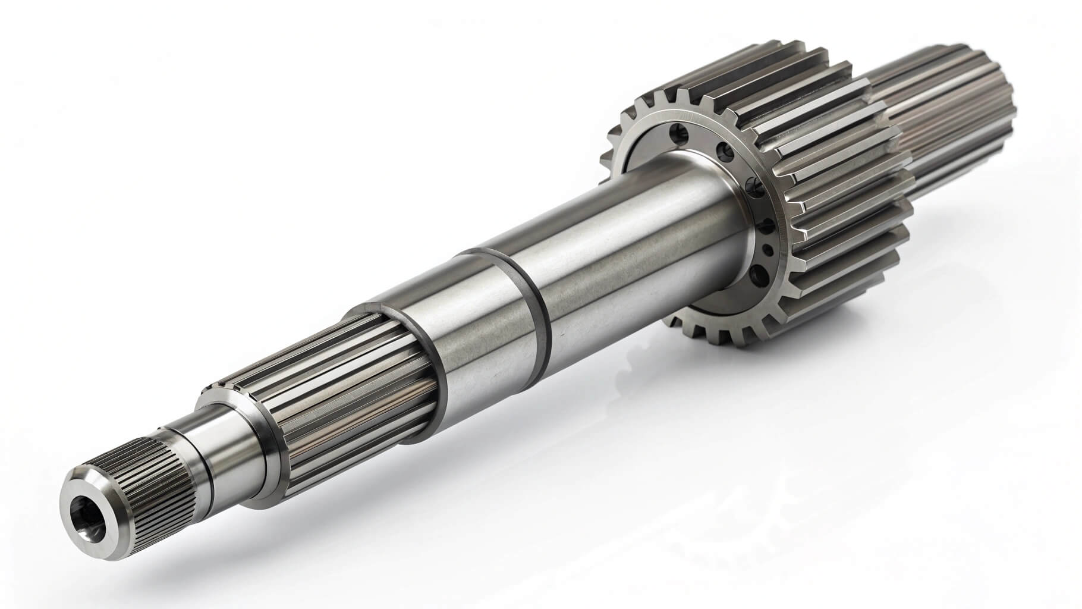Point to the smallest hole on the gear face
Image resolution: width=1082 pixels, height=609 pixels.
pos(768,250)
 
